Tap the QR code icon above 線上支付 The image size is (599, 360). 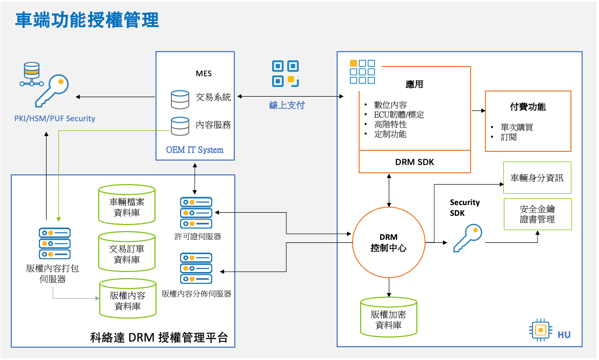pos(285,74)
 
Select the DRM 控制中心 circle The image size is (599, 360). pos(389,243)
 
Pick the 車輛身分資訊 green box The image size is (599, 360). pos(537,178)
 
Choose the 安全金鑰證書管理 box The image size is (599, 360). pos(537,214)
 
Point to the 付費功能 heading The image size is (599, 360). pos(528,107)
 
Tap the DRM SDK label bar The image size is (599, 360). pos(414,162)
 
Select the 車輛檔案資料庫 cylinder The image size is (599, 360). pos(127,205)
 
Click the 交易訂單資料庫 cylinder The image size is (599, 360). pos(127,252)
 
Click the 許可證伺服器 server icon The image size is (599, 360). pos(196,213)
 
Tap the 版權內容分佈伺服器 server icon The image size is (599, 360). pos(196,268)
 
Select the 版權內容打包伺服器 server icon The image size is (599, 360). pos(55,243)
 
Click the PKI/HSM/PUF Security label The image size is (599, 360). pos(55,119)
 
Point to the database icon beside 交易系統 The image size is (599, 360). pos(180,99)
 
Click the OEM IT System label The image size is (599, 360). pos(195,150)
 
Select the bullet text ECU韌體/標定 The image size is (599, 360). pos(400,115)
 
